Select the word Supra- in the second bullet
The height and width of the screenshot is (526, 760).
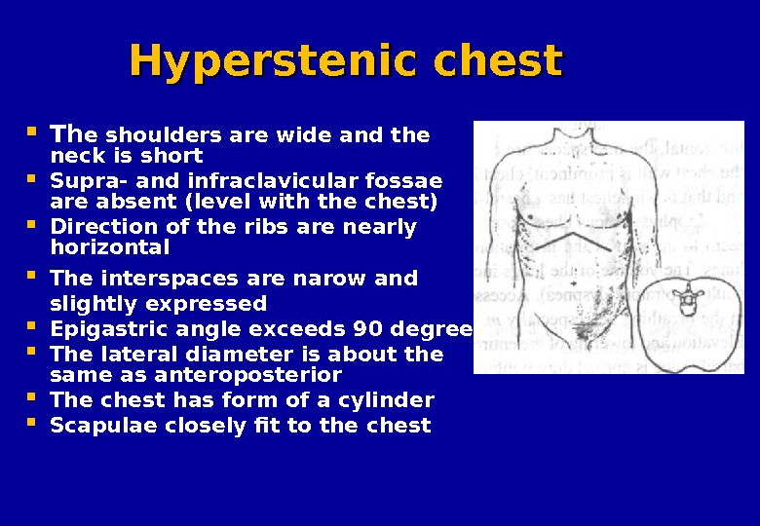(81, 180)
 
